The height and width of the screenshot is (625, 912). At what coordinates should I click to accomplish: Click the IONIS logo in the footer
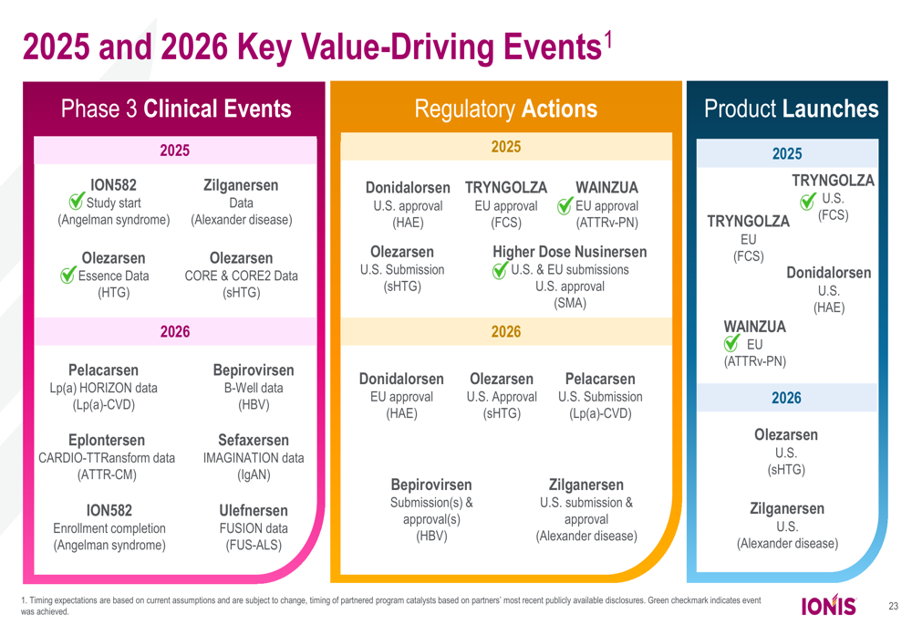(828, 606)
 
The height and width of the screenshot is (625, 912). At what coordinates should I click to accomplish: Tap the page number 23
(893, 606)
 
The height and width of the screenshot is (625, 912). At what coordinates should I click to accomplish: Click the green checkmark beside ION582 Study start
(78, 202)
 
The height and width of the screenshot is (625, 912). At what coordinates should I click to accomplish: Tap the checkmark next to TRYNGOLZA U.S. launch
(808, 200)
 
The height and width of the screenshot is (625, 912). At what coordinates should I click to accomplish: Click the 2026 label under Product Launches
(786, 398)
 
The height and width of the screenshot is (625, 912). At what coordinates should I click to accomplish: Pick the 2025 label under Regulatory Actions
(506, 147)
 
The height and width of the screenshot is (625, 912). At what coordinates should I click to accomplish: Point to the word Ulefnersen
(254, 510)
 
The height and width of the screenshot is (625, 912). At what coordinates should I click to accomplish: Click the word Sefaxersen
(254, 441)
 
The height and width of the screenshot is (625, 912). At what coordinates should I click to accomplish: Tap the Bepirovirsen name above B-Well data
(254, 370)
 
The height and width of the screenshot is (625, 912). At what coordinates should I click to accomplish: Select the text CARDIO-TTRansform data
(108, 458)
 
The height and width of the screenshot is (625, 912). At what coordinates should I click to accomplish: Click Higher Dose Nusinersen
(570, 252)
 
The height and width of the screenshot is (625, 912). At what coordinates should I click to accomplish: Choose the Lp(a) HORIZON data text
(103, 388)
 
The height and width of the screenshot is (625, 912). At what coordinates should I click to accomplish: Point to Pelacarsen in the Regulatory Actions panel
(600, 379)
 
